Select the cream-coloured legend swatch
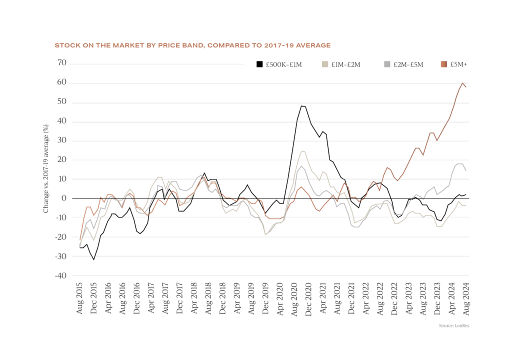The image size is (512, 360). [325, 64]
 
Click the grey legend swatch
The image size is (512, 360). [387, 64]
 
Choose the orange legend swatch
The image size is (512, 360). [444, 64]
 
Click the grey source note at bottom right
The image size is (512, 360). [454, 325]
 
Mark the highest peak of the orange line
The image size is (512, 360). [462, 83]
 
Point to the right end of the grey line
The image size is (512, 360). [466, 171]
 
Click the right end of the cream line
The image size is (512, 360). [466, 205]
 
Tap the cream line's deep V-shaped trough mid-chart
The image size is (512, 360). [265, 234]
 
